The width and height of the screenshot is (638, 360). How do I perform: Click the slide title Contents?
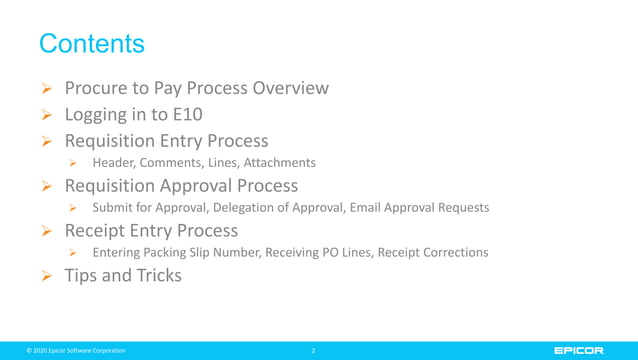[x=91, y=44]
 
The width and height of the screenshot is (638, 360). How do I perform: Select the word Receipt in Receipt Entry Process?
[x=98, y=231]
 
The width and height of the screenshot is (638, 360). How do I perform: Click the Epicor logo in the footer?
[x=579, y=350]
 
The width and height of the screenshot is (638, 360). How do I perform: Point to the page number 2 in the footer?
[x=313, y=351]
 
